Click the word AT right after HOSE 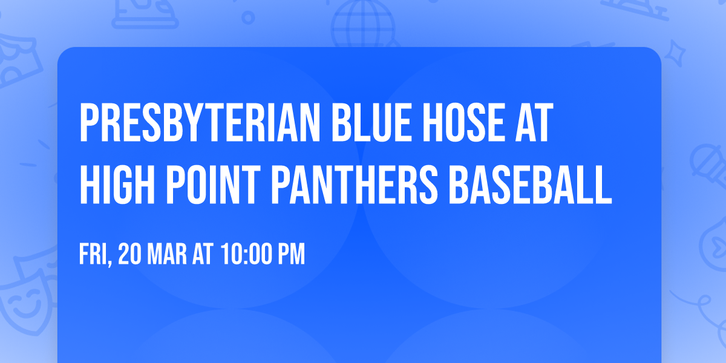pyautogui.click(x=535, y=123)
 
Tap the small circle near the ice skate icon pyautogui.click(x=249, y=17)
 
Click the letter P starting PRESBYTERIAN pyautogui.click(x=88, y=123)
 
